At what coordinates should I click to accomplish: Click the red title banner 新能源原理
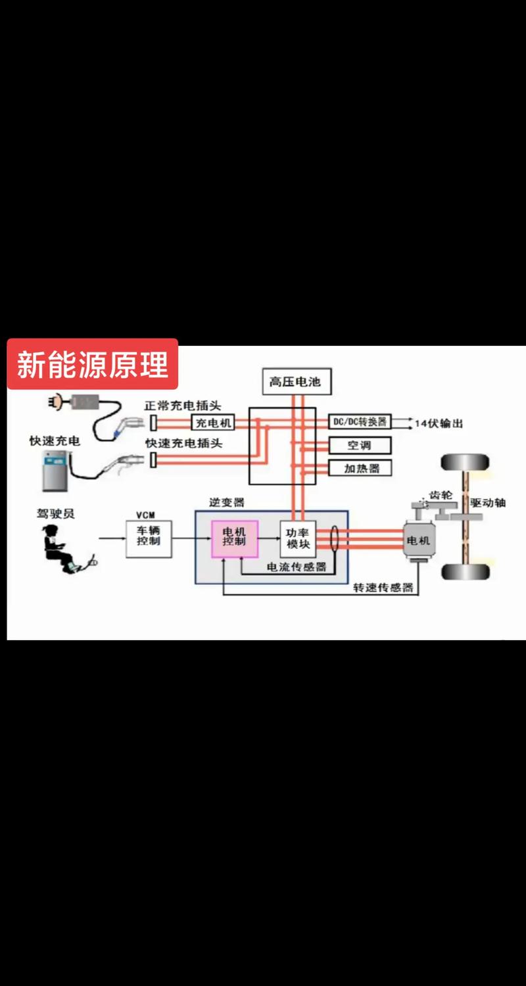click(92, 364)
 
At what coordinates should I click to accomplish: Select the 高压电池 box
click(295, 382)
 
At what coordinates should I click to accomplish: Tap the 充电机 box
click(212, 422)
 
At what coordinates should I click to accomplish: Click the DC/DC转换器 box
click(359, 422)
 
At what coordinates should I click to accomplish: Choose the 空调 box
click(359, 446)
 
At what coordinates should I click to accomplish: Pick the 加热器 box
click(359, 468)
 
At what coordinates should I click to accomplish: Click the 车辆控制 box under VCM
click(148, 538)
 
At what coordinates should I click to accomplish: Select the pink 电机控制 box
click(234, 537)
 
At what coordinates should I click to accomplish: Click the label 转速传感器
click(383, 588)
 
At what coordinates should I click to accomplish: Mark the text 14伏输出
click(439, 423)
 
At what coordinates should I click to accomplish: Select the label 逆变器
click(227, 502)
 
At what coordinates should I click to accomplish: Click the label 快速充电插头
click(183, 443)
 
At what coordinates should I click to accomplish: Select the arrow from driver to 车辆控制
click(112, 538)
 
